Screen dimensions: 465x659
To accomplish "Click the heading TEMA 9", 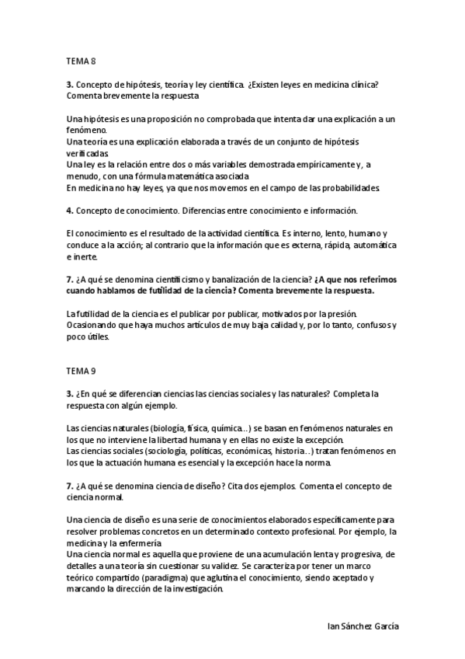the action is pos(80,371).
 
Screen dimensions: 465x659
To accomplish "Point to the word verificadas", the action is pos(88,154).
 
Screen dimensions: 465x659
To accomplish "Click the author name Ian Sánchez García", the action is pos(365,626).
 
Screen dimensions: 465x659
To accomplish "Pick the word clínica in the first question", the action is pos(360,84).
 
